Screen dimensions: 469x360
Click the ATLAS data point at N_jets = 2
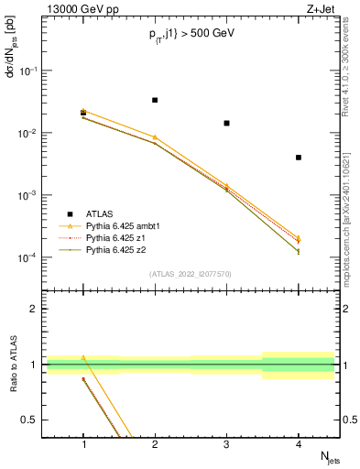pyautogui.click(x=155, y=100)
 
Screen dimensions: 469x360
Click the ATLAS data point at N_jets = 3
pyautogui.click(x=226, y=123)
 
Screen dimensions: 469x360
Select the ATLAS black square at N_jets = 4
pyautogui.click(x=299, y=158)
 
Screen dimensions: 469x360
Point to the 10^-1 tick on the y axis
pyautogui.click(x=32, y=71)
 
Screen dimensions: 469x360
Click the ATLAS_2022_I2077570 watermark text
pyautogui.click(x=191, y=273)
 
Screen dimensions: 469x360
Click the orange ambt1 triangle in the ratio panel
pyautogui.click(x=83, y=358)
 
